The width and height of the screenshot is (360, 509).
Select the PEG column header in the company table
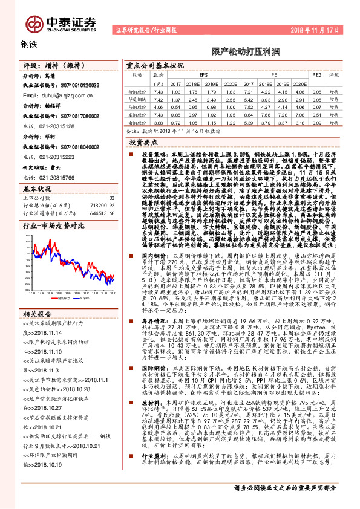coord(316,75)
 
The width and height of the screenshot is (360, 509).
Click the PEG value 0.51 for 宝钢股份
coord(316,114)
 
